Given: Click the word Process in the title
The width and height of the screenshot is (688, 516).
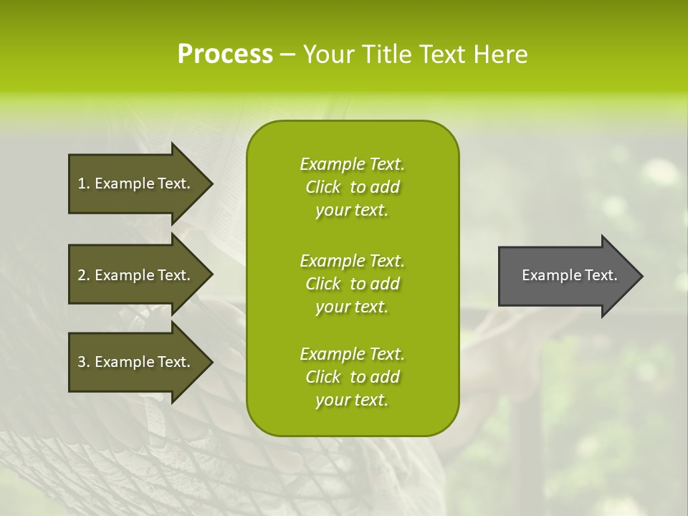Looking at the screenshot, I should point(225,54).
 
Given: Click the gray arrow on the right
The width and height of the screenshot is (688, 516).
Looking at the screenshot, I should point(566,275).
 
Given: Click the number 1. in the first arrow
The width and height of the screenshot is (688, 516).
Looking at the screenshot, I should point(84,183).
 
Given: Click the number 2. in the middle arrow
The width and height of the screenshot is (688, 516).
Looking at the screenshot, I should point(84,275).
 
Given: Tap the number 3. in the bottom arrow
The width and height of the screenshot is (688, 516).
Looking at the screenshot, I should point(84,362).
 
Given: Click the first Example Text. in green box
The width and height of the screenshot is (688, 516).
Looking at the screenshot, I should point(352,164).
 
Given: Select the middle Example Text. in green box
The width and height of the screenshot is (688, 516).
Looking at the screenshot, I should point(352,260).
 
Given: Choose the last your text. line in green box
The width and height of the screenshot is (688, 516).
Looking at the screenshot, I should point(352,400).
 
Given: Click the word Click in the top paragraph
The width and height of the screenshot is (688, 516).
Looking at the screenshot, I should point(323,187).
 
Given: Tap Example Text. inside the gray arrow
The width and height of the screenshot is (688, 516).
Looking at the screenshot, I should point(569,275).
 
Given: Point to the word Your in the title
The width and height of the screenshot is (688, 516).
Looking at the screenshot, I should point(328,54).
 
